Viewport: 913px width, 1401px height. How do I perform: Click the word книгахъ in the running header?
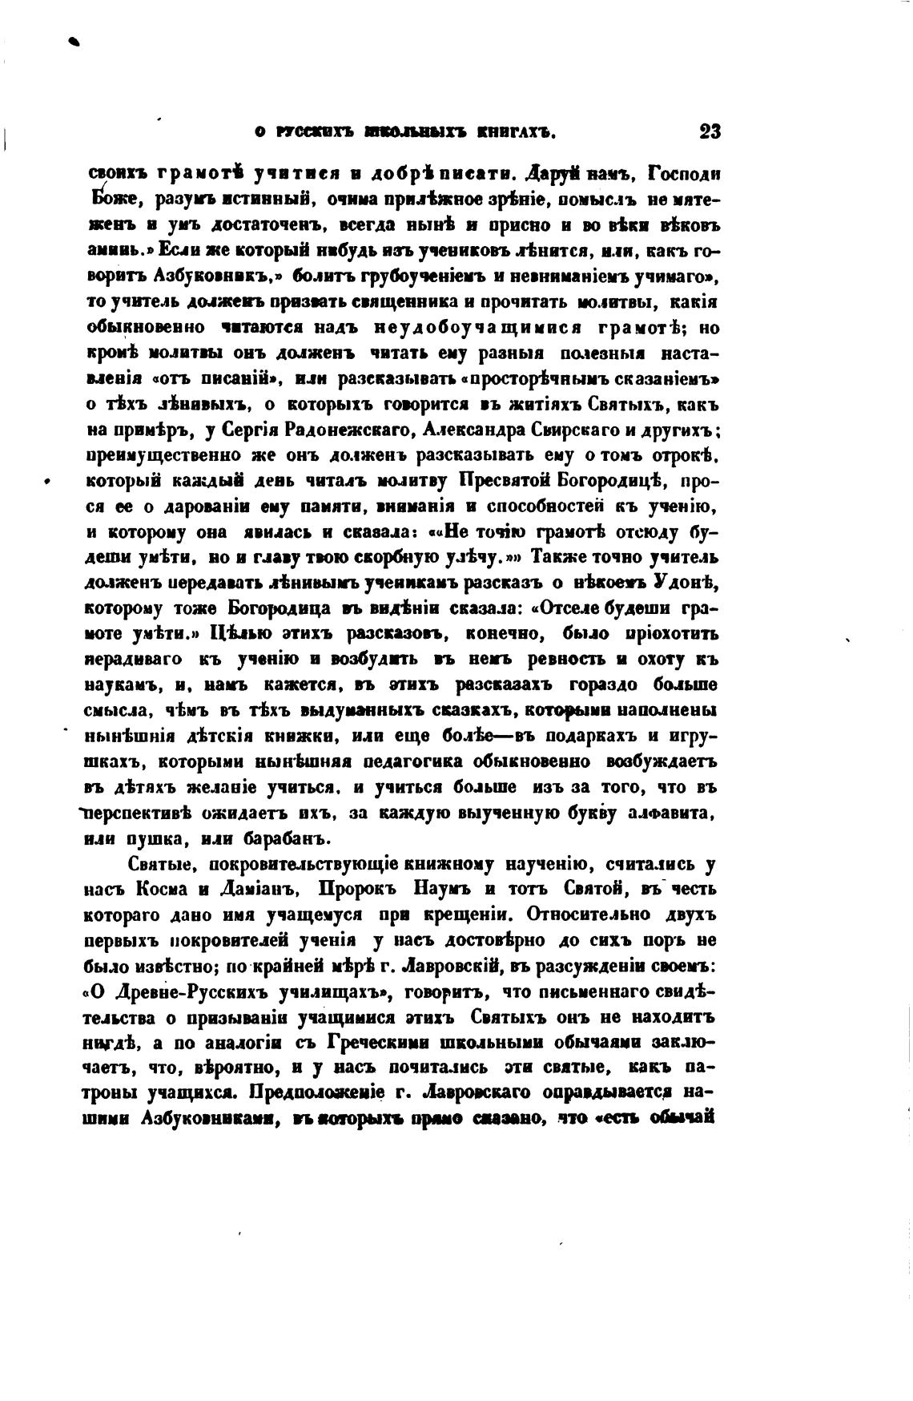[513, 133]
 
